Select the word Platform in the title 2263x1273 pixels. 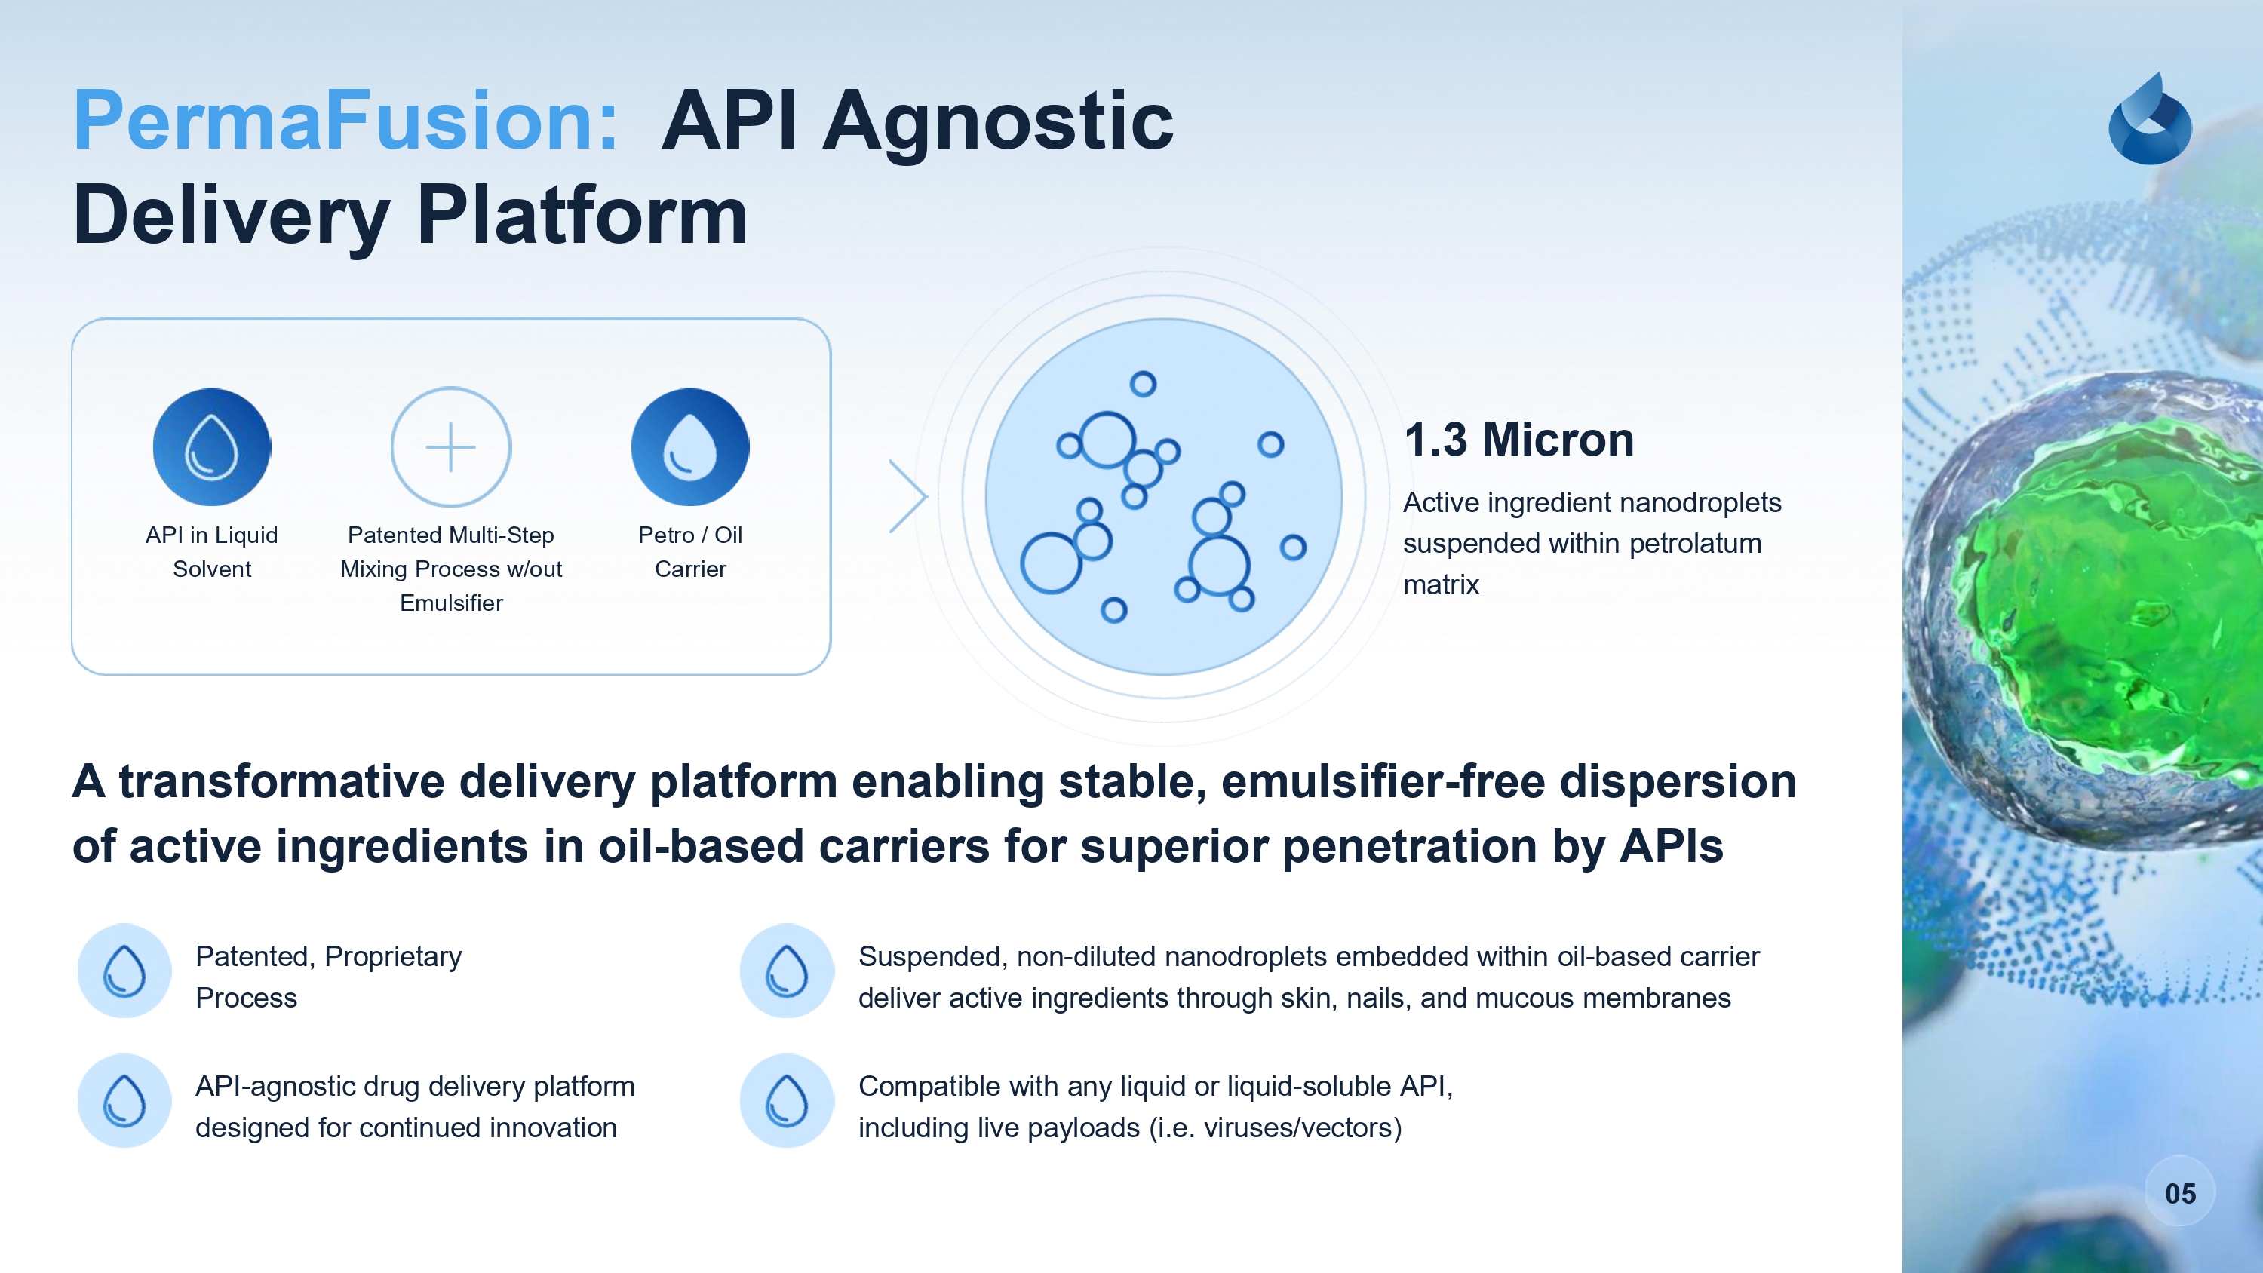pyautogui.click(x=582, y=215)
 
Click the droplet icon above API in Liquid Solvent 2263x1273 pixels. pyautogui.click(x=212, y=446)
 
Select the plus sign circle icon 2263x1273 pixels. pyautogui.click(x=450, y=446)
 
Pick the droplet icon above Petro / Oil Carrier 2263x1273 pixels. pyautogui.click(x=689, y=446)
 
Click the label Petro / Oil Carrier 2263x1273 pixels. pyautogui.click(x=689, y=552)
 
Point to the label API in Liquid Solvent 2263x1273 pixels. pyautogui.click(x=212, y=552)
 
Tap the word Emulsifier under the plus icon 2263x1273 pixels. pyautogui.click(x=450, y=603)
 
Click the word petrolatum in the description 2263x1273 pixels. pyautogui.click(x=1695, y=543)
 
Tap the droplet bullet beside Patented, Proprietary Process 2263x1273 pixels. pyautogui.click(x=124, y=971)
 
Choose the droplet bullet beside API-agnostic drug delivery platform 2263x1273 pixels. pyautogui.click(x=124, y=1101)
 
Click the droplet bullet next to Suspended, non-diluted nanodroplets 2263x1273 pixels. pyautogui.click(x=786, y=971)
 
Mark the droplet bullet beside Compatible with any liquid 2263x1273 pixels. pyautogui.click(x=786, y=1101)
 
